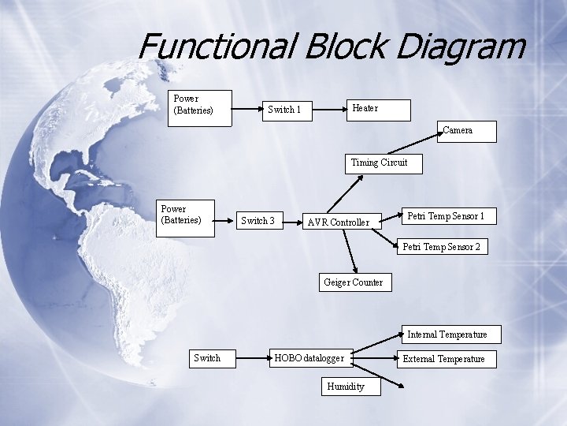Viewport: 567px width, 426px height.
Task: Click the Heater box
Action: tap(379, 110)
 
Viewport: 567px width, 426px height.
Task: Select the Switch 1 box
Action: tap(284, 110)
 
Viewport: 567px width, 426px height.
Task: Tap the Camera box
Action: tap(468, 131)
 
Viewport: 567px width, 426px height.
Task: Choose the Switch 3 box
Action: tap(258, 221)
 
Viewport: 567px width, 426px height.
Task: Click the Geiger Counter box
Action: tap(353, 282)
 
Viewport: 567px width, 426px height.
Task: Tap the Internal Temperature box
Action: tap(447, 334)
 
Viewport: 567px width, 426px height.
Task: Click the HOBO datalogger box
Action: tap(309, 358)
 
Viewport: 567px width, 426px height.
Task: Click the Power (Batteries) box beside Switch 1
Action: tap(201, 107)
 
